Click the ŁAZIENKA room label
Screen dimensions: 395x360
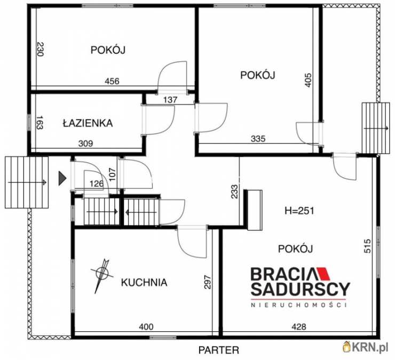tap(88, 123)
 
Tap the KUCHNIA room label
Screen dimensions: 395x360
tap(144, 283)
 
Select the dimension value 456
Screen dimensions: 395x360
tap(112, 81)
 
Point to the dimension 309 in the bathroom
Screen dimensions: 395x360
tap(85, 143)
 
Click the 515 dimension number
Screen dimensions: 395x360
tap(368, 246)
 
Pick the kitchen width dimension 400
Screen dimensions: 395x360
tap(146, 327)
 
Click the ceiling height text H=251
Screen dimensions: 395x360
tap(299, 211)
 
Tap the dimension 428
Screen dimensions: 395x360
tap(299, 327)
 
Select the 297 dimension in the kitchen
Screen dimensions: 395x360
tap(207, 282)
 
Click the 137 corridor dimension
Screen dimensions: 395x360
tap(170, 100)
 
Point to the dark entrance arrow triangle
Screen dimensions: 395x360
tap(62, 179)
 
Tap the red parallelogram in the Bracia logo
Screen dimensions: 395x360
tap(323, 274)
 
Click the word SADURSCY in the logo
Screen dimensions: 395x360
tap(301, 289)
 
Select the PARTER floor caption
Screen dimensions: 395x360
tap(219, 350)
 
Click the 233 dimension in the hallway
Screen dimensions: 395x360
tap(234, 192)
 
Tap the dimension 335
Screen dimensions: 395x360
tap(258, 139)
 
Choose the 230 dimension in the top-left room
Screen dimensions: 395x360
tap(41, 49)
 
